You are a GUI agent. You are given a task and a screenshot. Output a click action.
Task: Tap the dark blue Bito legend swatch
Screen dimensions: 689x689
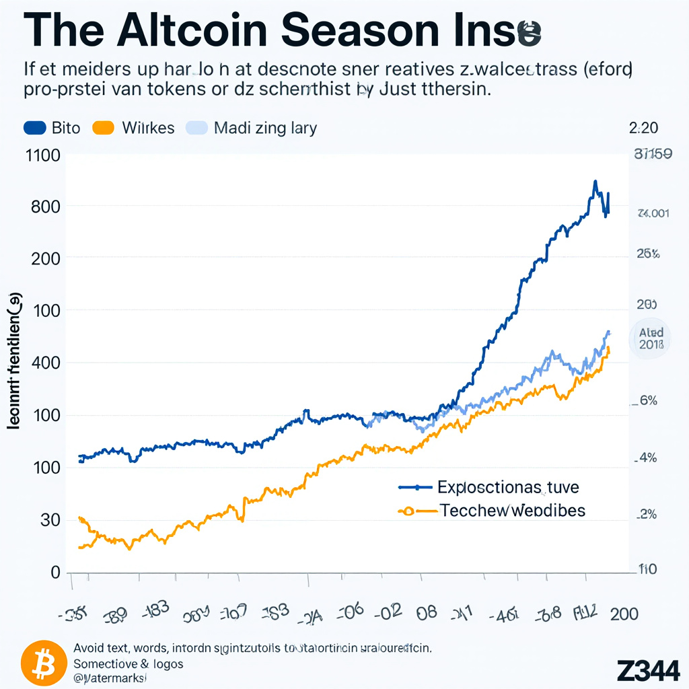click(34, 127)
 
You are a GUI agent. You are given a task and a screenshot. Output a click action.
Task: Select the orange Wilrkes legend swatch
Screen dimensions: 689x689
click(104, 127)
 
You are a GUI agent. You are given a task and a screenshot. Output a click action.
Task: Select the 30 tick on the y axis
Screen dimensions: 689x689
click(50, 519)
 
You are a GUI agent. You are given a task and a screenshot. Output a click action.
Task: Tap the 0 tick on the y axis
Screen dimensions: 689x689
click(56, 572)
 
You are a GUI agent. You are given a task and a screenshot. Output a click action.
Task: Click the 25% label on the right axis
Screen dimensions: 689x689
click(647, 254)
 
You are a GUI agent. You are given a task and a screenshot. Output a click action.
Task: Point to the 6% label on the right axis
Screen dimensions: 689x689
click(647, 401)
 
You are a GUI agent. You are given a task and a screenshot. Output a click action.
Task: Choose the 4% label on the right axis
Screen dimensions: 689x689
click(647, 458)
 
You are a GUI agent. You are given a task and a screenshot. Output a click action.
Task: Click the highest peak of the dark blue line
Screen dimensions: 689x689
click(595, 182)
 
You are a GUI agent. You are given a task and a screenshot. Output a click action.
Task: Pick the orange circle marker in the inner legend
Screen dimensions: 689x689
click(406, 511)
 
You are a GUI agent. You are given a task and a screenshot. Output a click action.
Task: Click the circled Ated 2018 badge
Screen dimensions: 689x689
click(650, 338)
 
